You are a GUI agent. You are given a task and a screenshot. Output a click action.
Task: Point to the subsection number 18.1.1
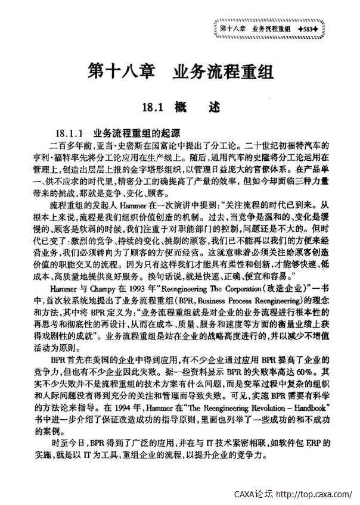(x=67, y=132)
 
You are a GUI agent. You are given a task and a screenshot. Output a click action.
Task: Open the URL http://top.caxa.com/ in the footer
(x=315, y=494)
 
